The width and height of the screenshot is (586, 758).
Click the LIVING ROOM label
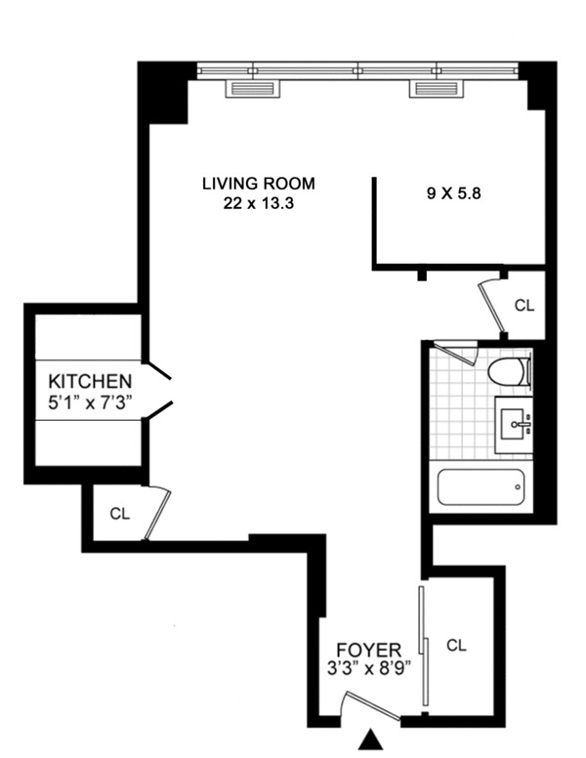[259, 183]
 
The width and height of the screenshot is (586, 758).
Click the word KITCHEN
[85, 379]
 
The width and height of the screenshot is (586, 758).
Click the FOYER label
[367, 650]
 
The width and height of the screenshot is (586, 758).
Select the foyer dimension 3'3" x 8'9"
[367, 669]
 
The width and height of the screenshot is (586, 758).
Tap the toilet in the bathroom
[510, 370]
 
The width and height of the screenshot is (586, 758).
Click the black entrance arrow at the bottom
[370, 740]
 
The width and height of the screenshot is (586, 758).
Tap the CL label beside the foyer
[457, 646]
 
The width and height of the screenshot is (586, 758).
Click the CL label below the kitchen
[118, 512]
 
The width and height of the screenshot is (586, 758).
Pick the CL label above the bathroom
[524, 305]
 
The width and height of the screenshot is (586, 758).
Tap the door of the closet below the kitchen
[157, 513]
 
